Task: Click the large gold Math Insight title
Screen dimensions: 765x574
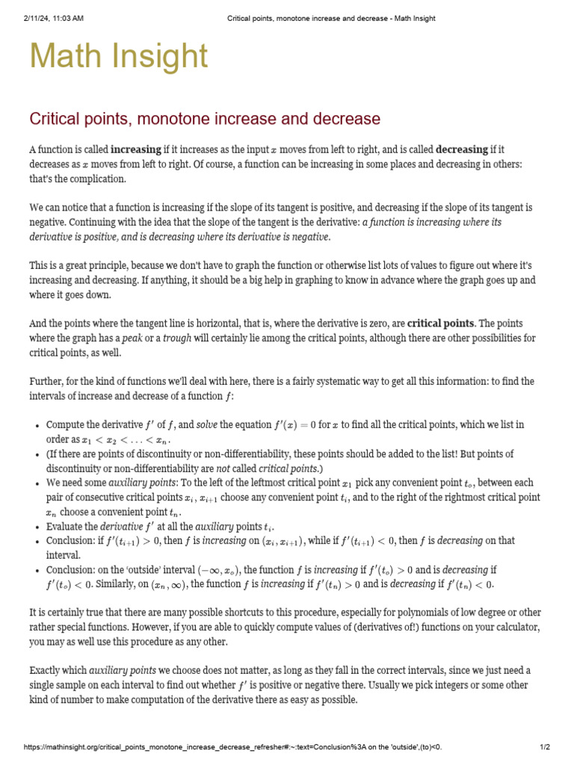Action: point(118,57)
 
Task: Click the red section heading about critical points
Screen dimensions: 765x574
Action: point(204,119)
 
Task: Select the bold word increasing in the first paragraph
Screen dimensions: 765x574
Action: point(135,149)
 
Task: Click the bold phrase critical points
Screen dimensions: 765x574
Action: point(440,323)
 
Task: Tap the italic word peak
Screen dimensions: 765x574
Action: point(132,338)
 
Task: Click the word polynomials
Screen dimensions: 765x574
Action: point(380,613)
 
